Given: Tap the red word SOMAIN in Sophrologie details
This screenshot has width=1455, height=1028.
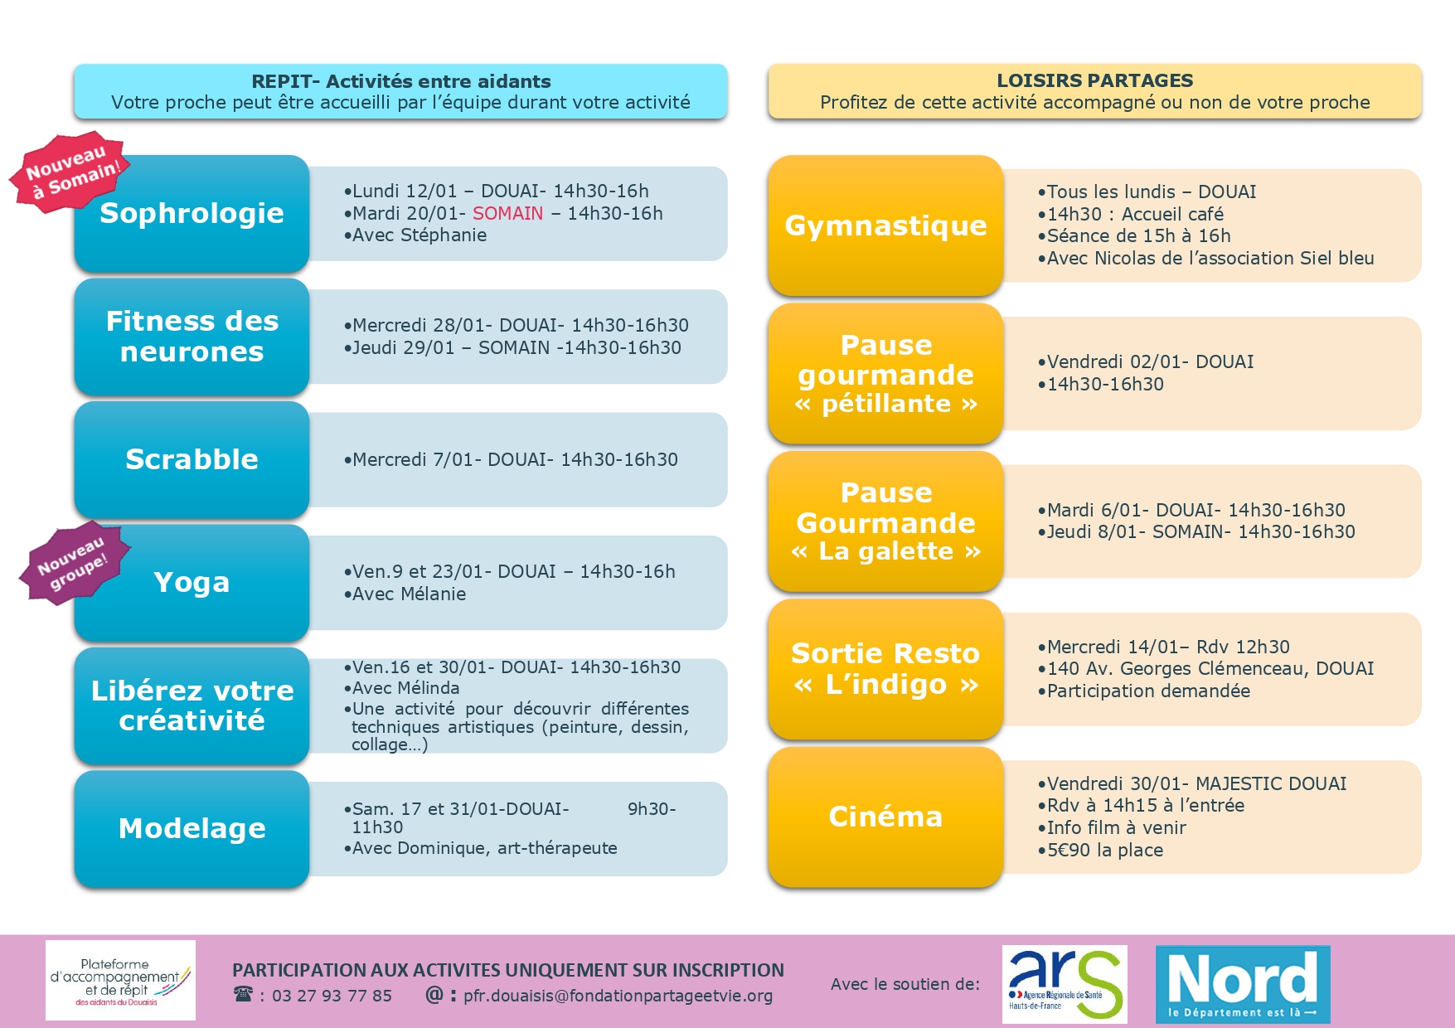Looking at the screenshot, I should (x=507, y=214).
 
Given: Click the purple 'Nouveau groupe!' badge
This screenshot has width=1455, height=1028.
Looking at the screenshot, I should (x=73, y=563).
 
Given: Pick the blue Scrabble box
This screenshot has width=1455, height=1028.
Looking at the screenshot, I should (x=192, y=459).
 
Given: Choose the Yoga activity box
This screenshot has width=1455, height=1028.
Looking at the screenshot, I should (x=192, y=583).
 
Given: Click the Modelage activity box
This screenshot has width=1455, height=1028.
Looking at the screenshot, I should (x=192, y=828).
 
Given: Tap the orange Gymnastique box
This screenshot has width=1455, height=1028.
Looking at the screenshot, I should (x=885, y=225).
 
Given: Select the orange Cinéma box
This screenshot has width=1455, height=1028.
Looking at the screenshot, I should (x=885, y=817).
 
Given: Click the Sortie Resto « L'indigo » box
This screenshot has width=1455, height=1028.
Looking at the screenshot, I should (x=885, y=669).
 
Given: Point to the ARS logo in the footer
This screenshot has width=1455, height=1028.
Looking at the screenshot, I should (x=1065, y=983).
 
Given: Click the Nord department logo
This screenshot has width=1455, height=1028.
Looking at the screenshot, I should (x=1243, y=984).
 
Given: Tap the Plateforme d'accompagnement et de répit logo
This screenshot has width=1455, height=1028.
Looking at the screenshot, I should (x=120, y=980).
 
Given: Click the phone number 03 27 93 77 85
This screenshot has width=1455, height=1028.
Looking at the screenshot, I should (x=332, y=996).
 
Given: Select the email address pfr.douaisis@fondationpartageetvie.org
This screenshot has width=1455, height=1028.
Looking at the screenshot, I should (x=618, y=996).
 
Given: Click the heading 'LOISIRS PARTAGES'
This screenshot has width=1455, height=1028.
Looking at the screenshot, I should (x=1094, y=80).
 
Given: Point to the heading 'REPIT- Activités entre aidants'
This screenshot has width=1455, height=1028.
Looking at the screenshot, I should (x=401, y=81).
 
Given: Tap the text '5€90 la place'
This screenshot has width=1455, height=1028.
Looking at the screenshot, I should (x=1104, y=851).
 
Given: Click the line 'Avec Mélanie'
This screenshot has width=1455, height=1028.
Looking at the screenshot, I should (x=409, y=594).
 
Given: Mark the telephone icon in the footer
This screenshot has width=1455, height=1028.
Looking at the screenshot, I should (x=243, y=994).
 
